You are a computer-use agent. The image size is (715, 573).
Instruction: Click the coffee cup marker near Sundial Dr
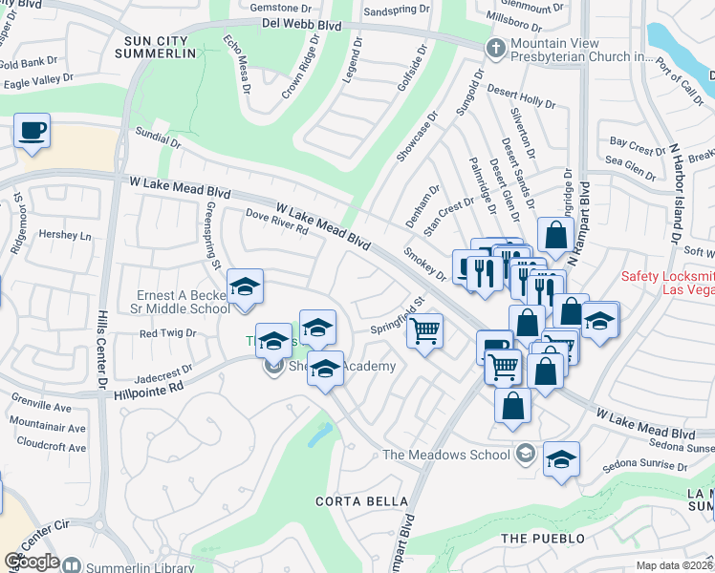pyautogui.click(x=32, y=130)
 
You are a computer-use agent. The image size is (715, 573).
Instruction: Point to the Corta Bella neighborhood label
pyautogui.click(x=362, y=501)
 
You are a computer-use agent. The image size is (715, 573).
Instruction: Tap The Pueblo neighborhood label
pyautogui.click(x=542, y=539)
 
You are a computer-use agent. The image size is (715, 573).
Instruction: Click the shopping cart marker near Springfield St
pyautogui.click(x=425, y=331)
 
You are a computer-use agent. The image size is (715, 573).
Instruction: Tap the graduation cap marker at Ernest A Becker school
pyautogui.click(x=245, y=286)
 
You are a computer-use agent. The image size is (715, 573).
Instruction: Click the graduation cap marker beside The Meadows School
pyautogui.click(x=562, y=458)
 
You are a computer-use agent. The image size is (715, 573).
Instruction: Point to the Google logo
pyautogui.click(x=32, y=562)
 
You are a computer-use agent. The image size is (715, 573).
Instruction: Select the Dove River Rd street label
pyautogui.click(x=276, y=223)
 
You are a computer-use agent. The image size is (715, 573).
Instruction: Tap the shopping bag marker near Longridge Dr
pyautogui.click(x=555, y=235)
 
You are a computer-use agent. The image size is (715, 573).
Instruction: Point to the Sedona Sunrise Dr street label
pyautogui.click(x=644, y=467)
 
